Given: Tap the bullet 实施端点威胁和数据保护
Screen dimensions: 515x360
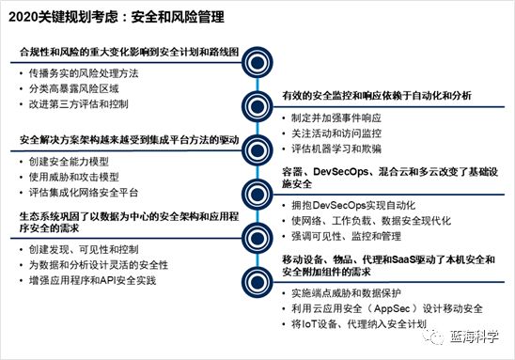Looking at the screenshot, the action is coord(353,293).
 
